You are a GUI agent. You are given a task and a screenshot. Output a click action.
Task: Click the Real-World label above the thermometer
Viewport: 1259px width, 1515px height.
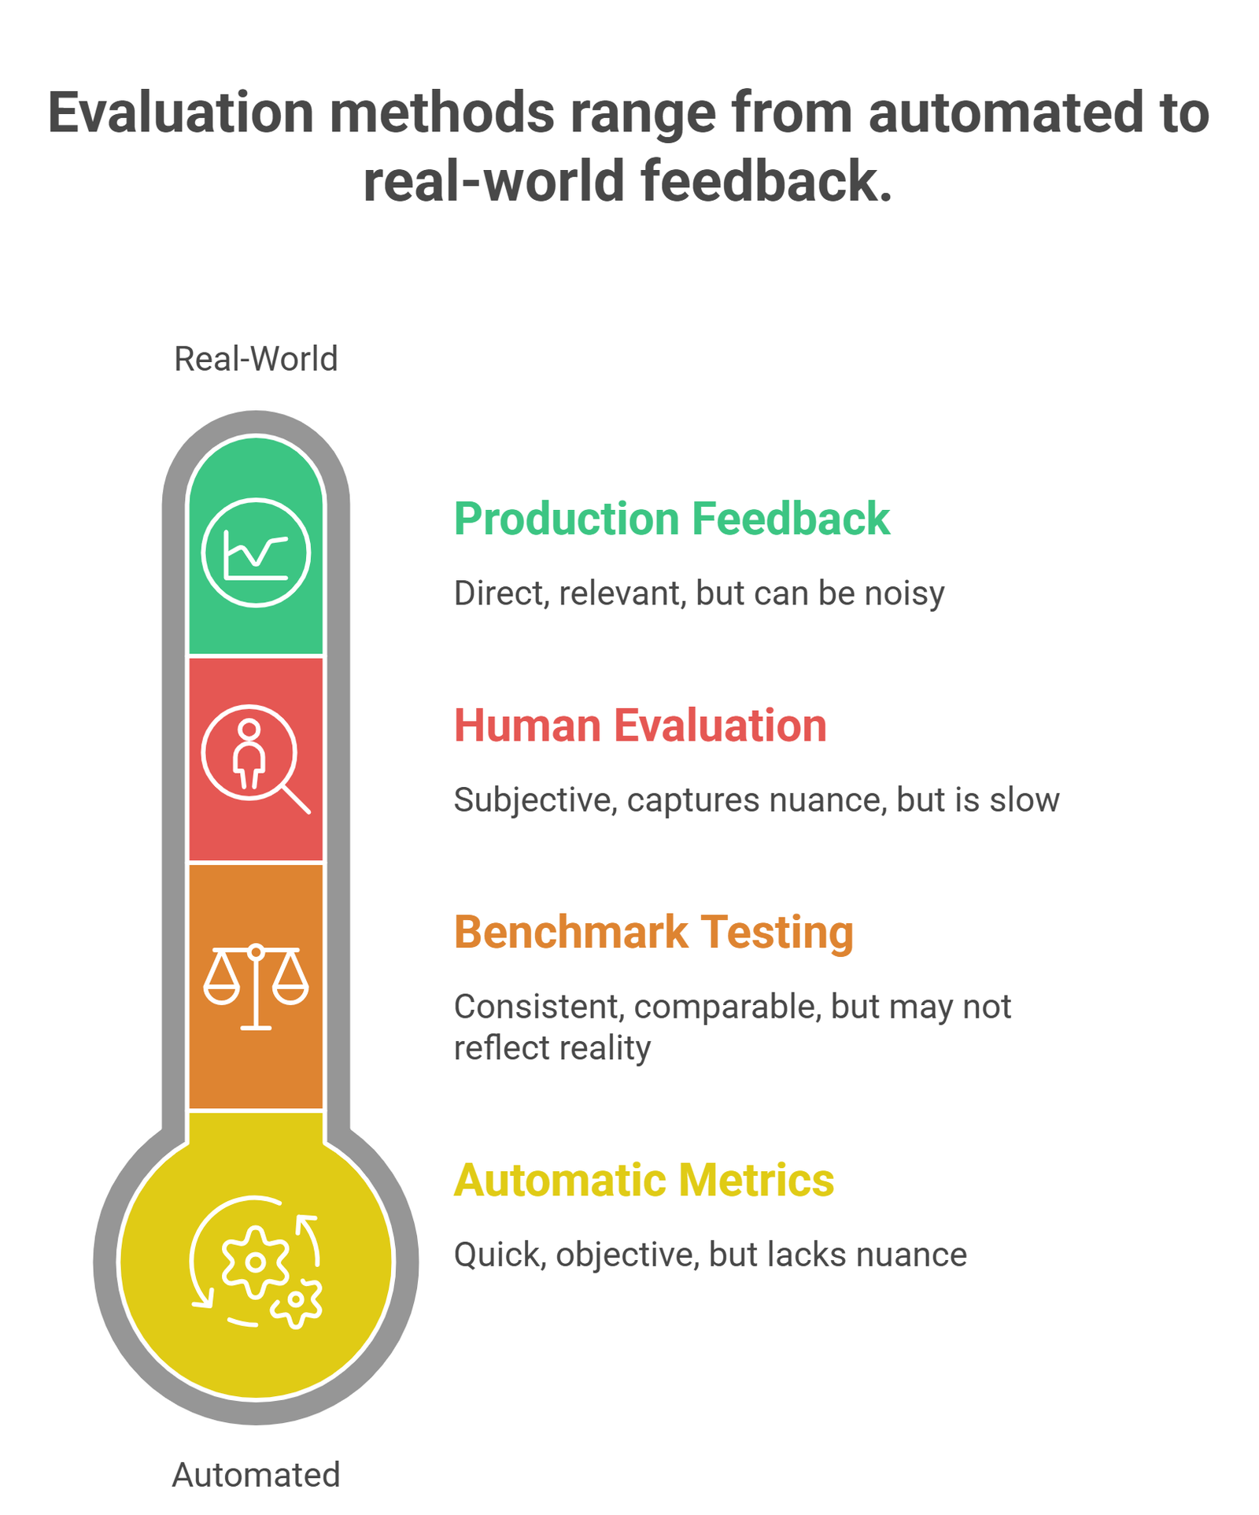256,359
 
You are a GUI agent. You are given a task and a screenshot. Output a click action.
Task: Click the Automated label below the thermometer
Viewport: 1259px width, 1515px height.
256,1474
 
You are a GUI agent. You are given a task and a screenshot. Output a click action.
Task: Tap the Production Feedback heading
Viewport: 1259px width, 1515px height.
671,519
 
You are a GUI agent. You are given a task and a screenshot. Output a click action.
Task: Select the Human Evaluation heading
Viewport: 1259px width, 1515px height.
640,725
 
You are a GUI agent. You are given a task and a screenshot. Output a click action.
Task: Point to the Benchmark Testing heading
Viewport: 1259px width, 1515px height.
653,932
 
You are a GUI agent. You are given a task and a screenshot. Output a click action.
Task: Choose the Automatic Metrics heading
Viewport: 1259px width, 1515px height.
644,1180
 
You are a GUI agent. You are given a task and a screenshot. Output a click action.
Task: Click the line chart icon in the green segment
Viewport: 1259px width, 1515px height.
256,552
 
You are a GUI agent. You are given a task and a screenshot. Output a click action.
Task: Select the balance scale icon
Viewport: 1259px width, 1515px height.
256,987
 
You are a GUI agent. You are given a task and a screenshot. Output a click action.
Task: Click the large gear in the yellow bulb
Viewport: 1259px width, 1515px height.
254,1262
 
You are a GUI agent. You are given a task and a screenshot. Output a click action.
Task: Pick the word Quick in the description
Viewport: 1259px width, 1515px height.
500,1254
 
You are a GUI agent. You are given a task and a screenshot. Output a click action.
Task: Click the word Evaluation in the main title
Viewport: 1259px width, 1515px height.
181,113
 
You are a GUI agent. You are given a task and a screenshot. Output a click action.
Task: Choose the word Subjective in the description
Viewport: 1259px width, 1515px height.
535,800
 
